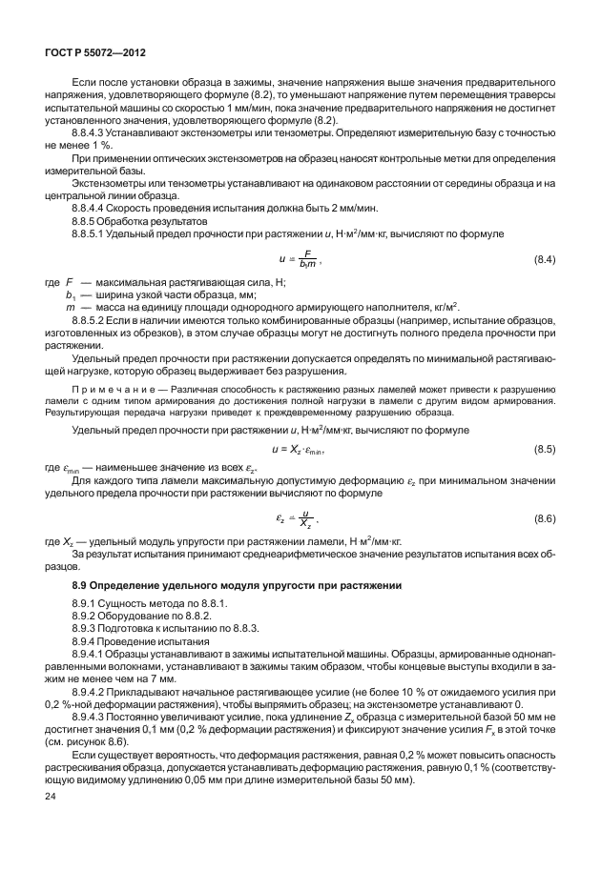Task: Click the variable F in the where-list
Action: (x=68, y=285)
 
